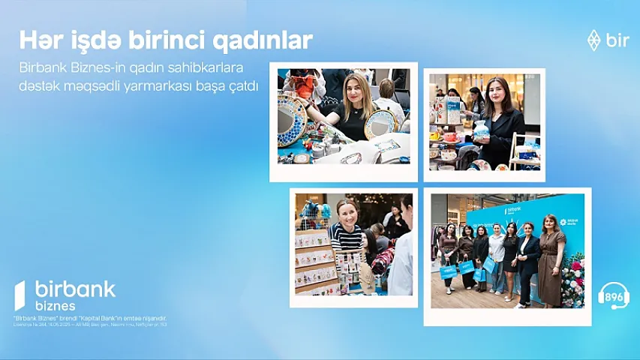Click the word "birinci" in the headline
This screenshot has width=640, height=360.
tap(167, 40)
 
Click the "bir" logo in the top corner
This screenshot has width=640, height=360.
tap(608, 40)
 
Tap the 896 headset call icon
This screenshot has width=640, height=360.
tap(613, 295)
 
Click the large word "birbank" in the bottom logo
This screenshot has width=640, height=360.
tap(74, 289)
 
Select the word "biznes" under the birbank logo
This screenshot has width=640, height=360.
tap(56, 306)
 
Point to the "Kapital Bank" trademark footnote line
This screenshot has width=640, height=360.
tap(90, 318)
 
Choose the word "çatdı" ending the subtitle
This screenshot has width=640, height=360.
tap(241, 86)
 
